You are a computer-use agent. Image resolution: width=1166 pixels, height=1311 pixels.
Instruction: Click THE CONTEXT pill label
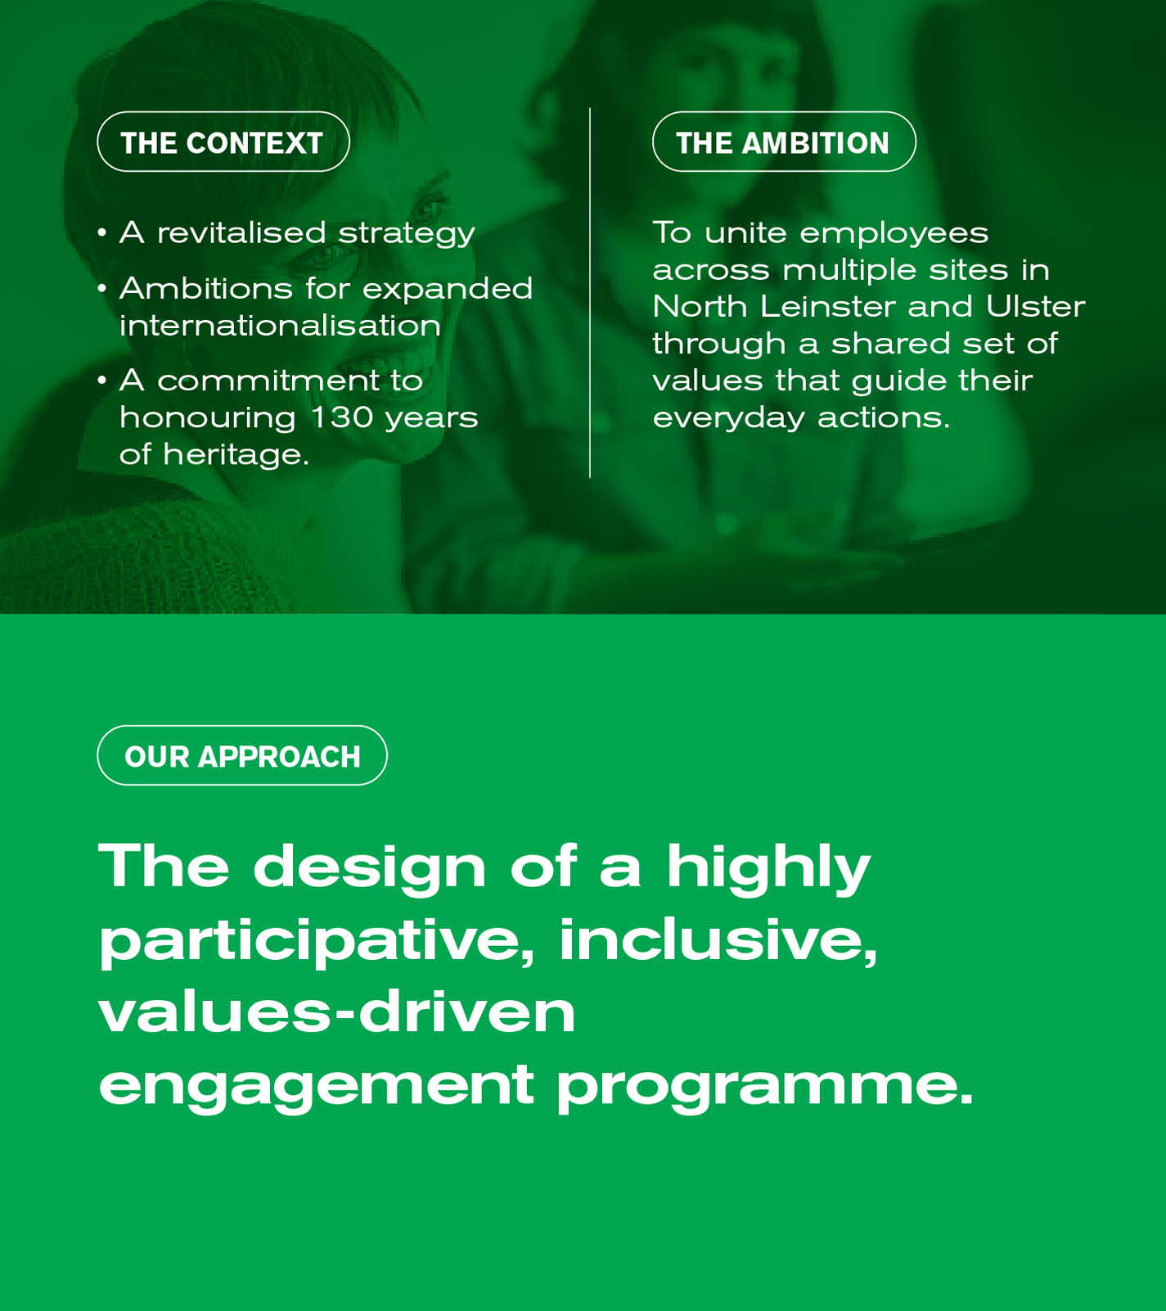[223, 142]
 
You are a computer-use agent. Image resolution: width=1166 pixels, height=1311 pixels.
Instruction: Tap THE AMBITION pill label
[784, 142]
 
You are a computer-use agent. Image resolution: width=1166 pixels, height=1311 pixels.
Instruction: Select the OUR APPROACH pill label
[242, 755]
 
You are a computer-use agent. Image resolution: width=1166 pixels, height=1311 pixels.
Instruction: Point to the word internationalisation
[281, 325]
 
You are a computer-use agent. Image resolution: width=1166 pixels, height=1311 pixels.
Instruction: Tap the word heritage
[236, 455]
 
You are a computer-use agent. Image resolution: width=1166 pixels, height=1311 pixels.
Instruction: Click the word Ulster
[1035, 306]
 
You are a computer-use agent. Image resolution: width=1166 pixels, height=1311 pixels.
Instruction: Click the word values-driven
[337, 1011]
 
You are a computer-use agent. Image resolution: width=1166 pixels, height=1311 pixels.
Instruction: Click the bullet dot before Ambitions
[101, 288]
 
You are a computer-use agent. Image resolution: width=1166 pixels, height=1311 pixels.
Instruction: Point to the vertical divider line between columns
[590, 292]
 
